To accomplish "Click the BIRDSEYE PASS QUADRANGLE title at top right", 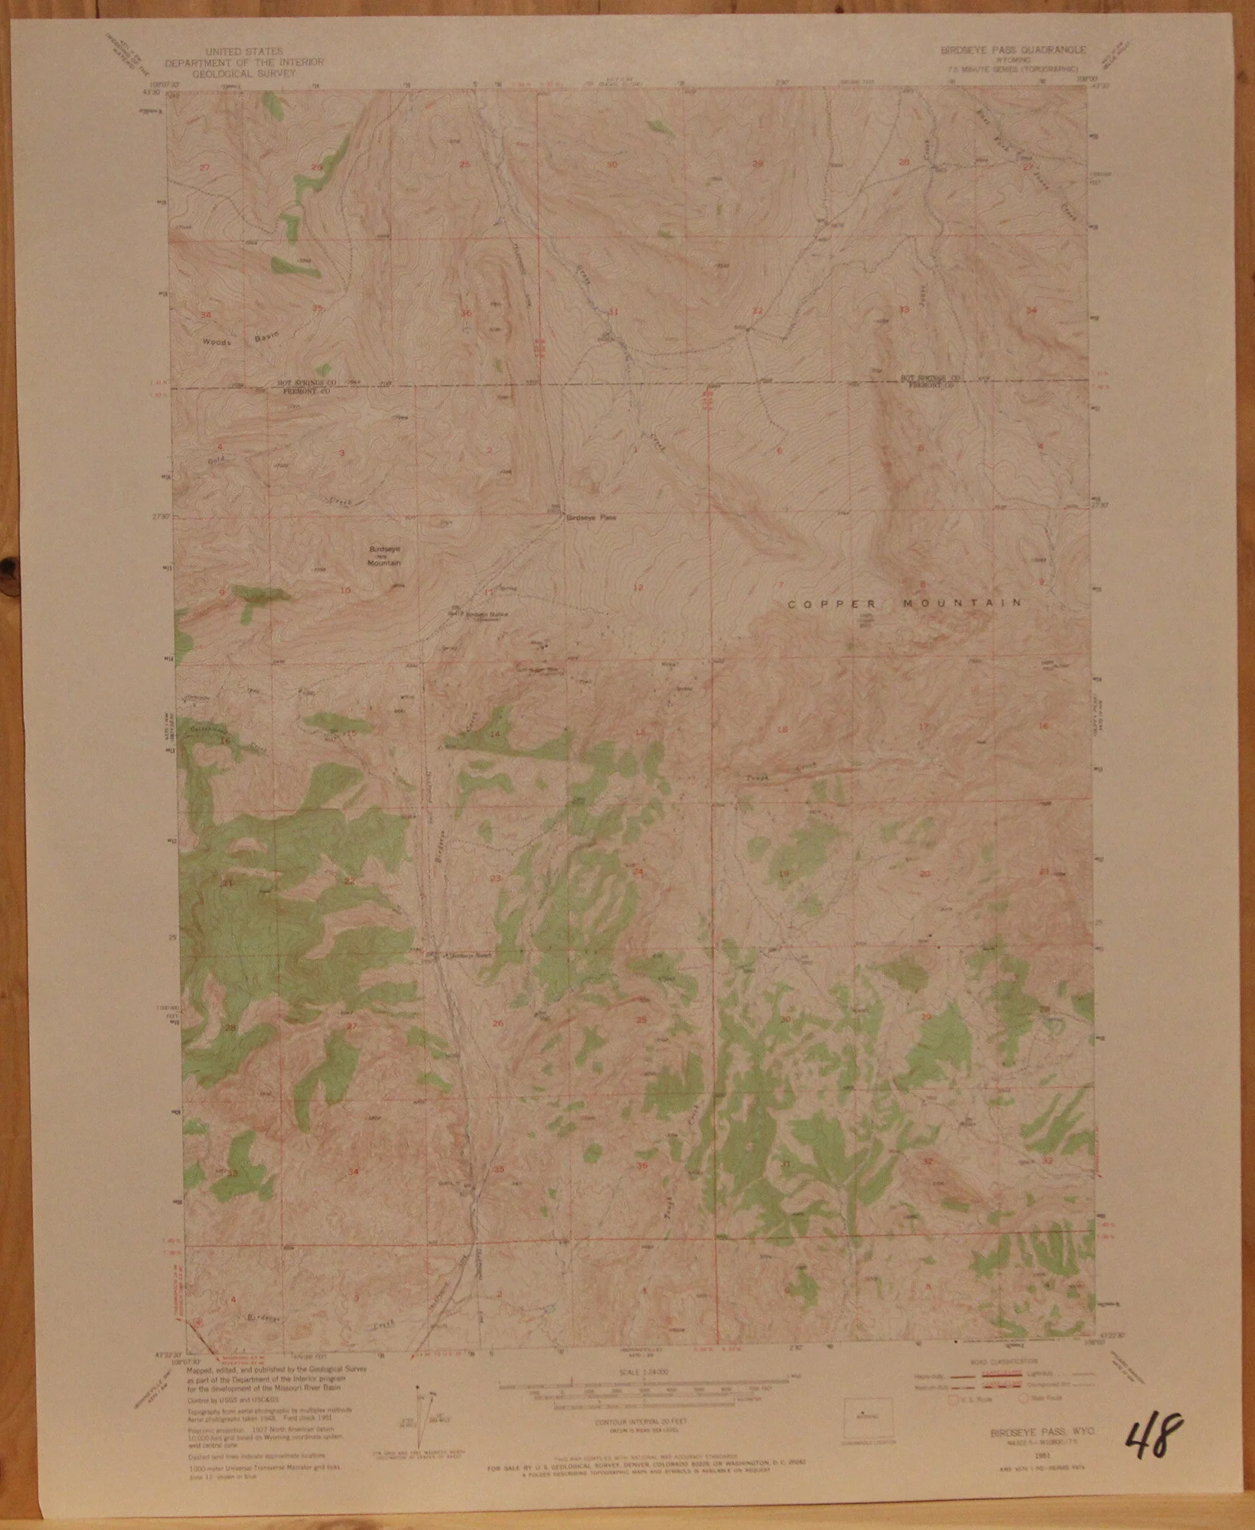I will (1012, 49).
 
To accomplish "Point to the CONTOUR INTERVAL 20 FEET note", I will (640, 1421).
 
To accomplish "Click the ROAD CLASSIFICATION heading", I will (1004, 1362).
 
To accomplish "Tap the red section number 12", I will (638, 587).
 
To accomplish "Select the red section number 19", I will (784, 874).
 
